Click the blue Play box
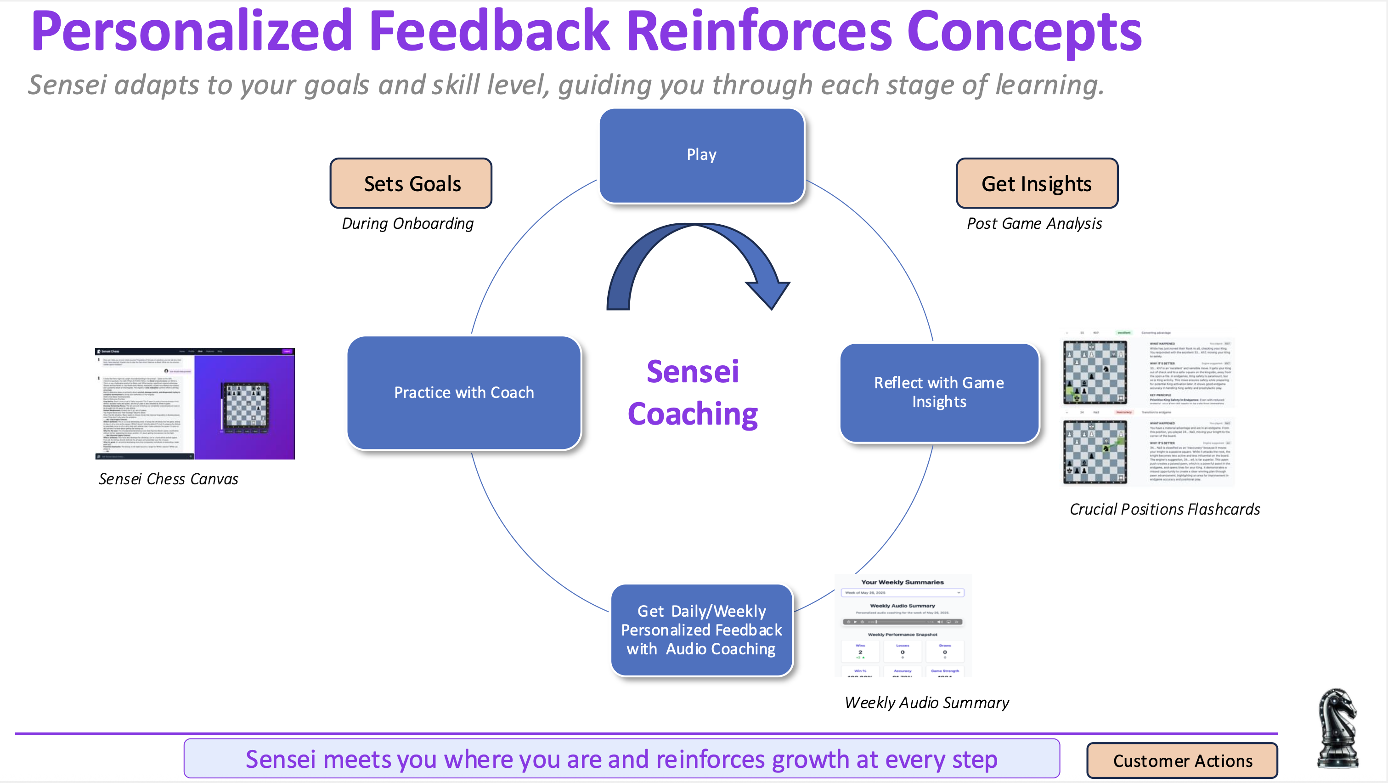pos(701,155)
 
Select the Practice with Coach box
pos(464,392)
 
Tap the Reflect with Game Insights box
pos(939,392)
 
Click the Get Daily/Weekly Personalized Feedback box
pos(701,630)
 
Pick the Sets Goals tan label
pos(411,184)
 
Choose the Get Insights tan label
pos(1037,184)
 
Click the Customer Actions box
pos(1182,760)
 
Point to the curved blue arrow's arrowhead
pos(768,291)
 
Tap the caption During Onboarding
pos(408,224)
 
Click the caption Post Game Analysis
pos(1034,224)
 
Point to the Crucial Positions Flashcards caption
pos(1164,509)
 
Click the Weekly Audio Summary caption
pos(927,703)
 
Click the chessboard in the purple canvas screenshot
pos(245,406)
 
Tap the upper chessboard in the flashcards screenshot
pos(1095,372)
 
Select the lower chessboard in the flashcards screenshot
pos(1095,452)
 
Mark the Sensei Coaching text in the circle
pos(693,392)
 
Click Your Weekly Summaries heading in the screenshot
pos(902,582)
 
